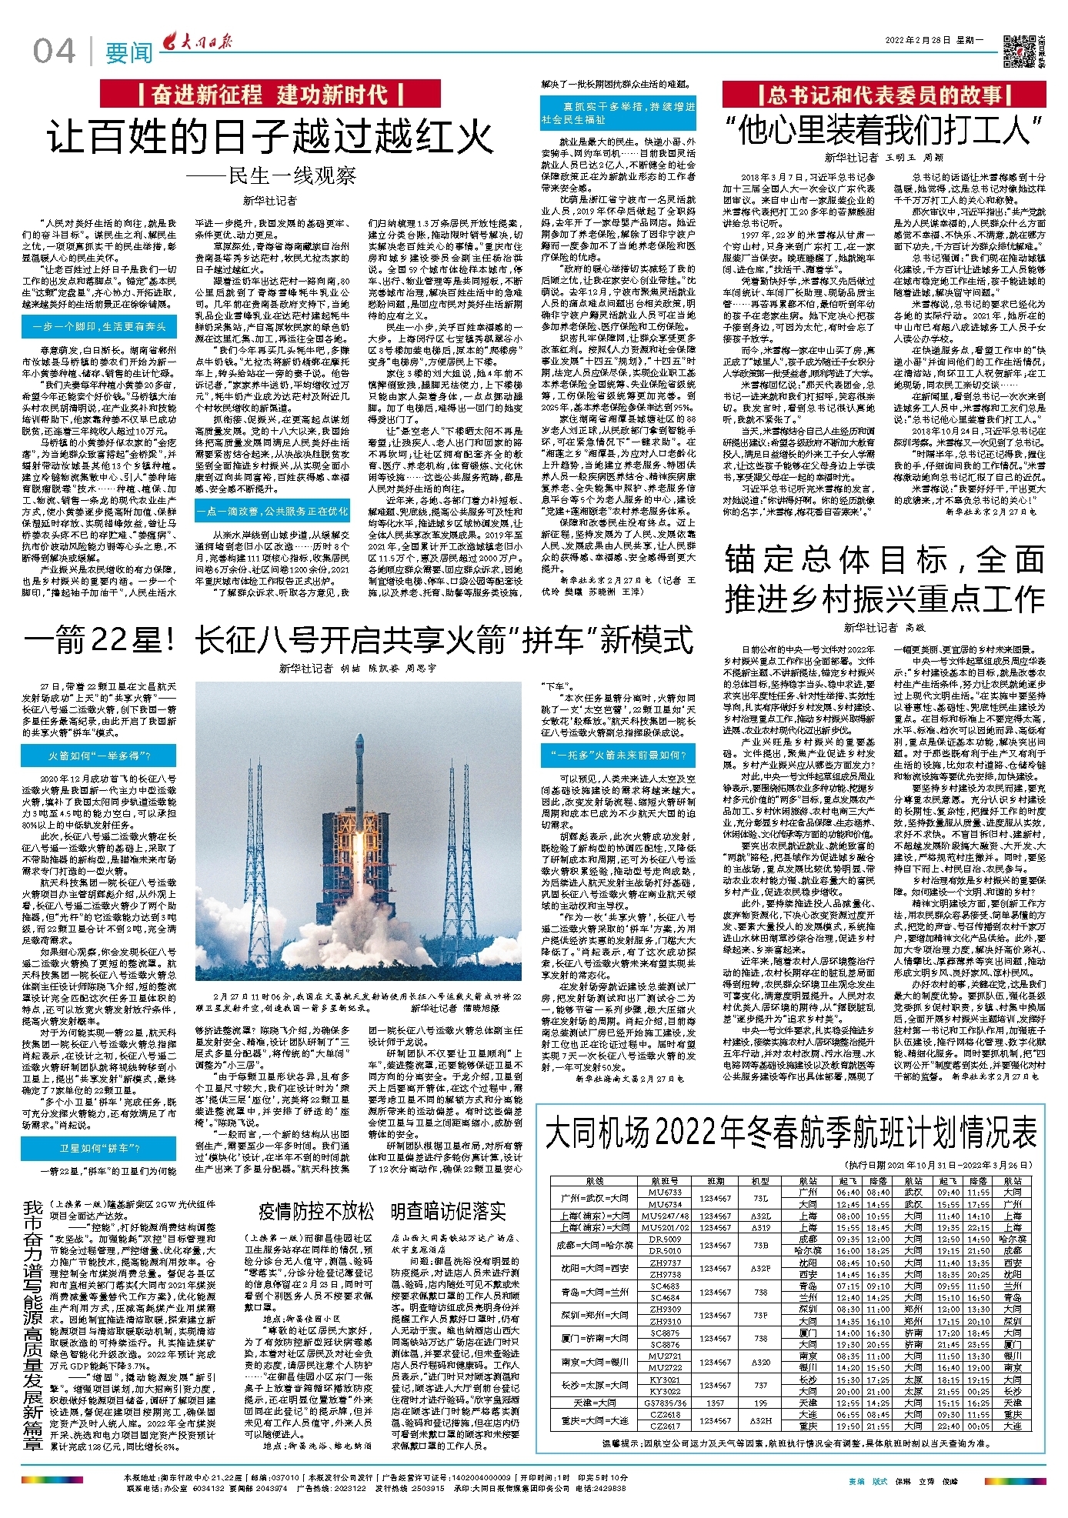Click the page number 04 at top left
55,52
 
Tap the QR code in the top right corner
1019,51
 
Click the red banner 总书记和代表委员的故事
883,95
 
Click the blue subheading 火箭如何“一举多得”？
99,756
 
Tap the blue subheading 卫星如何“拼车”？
99,1148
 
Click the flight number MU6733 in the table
666,1192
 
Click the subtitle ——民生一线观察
270,176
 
